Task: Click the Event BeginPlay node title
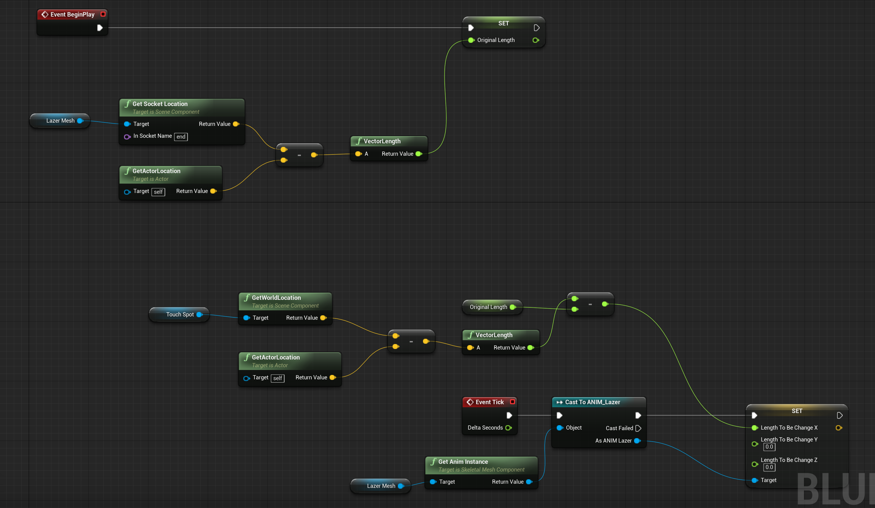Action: (x=72, y=15)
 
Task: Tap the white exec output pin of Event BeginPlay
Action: (x=100, y=28)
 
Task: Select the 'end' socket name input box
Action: (x=181, y=137)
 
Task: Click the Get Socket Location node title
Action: (x=160, y=104)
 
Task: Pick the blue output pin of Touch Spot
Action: (x=199, y=314)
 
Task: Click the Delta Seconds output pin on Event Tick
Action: (x=508, y=427)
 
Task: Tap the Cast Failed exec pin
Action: (x=638, y=428)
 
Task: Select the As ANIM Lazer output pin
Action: (x=637, y=441)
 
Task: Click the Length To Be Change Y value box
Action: (x=769, y=447)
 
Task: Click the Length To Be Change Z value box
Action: (x=769, y=467)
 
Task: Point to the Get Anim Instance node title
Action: (x=463, y=462)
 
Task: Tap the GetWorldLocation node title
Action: (x=276, y=298)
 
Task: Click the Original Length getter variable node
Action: (x=488, y=307)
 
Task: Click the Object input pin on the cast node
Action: (x=560, y=427)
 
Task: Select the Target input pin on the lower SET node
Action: (x=755, y=480)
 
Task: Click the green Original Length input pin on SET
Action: (x=471, y=40)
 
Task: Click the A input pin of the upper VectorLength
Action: (x=358, y=154)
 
